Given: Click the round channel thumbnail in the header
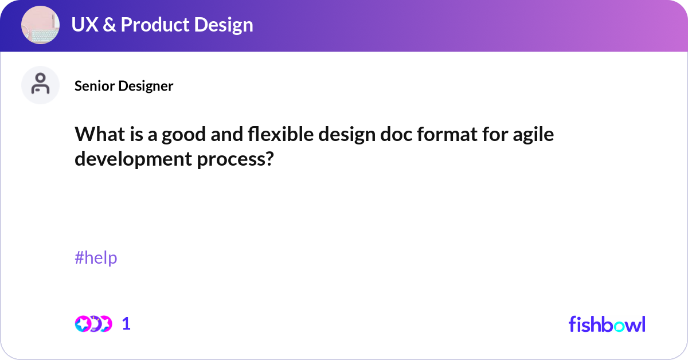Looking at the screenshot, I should tap(41, 25).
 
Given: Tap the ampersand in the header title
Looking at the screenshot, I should tap(110, 25).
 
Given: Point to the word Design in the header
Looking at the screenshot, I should tap(224, 25).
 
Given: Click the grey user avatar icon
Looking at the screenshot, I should tap(41, 85).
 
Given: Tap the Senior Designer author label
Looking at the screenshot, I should tap(124, 86).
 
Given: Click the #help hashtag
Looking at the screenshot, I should tap(96, 258).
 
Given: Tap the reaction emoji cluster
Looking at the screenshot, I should tap(93, 324).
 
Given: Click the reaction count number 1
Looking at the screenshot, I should tap(126, 324).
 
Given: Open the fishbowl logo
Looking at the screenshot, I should tap(607, 324).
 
